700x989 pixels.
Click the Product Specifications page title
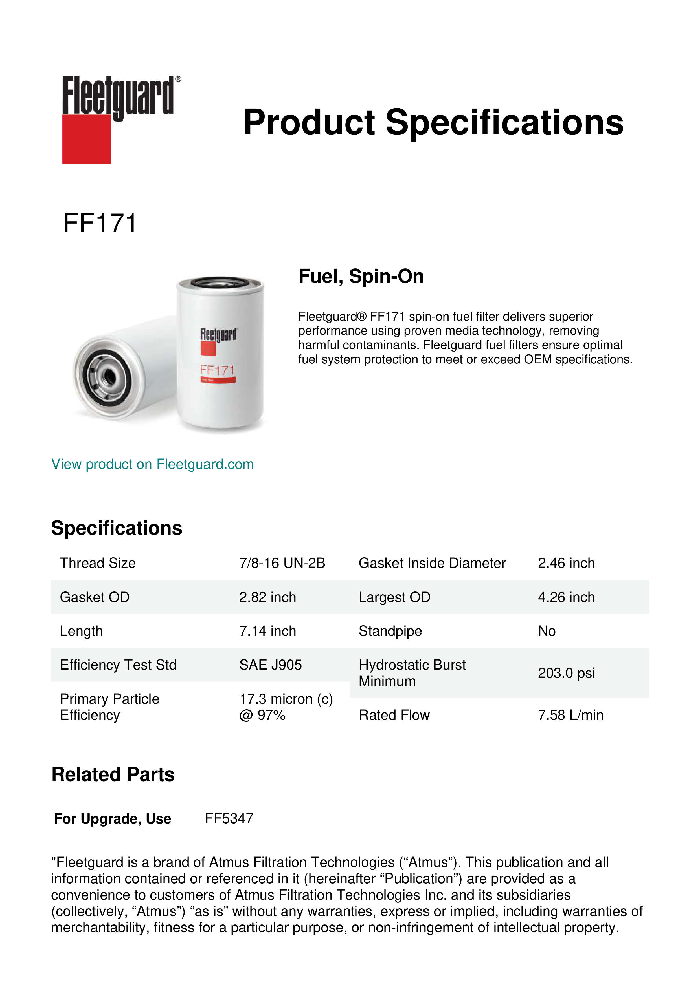pos(433,122)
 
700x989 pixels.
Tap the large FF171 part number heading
pos(100,224)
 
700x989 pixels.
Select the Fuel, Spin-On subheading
pos(361,276)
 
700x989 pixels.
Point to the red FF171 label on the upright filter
pos(217,370)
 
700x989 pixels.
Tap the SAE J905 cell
pos(270,665)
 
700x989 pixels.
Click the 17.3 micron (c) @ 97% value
pos(286,707)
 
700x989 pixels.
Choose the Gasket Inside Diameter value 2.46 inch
pos(566,563)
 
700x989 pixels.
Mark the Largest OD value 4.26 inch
pos(566,597)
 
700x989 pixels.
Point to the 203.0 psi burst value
pos(566,673)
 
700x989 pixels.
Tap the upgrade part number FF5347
pos(229,818)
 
